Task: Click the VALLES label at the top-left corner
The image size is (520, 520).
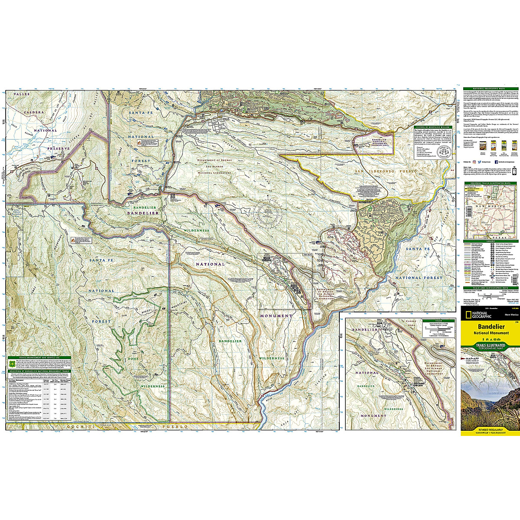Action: point(20,94)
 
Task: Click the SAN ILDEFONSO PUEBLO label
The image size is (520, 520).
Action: point(386,172)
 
